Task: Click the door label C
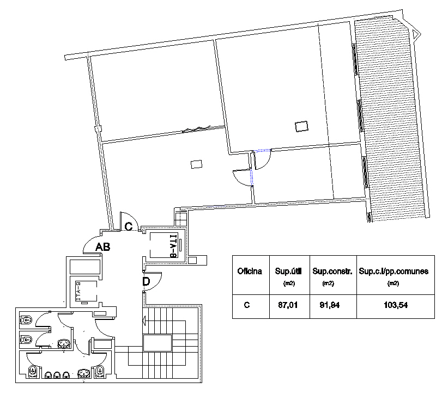click(x=129, y=226)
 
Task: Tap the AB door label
click(x=102, y=247)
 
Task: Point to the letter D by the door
click(x=146, y=281)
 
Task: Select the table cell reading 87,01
click(x=288, y=305)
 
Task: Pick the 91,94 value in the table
click(x=330, y=305)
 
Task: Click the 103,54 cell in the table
click(x=396, y=305)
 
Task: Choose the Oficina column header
click(x=250, y=271)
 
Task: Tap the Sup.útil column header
click(x=288, y=271)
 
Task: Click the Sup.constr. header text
click(x=332, y=271)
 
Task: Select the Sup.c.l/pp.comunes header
click(x=393, y=272)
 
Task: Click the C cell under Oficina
click(x=247, y=305)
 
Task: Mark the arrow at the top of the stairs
click(x=144, y=320)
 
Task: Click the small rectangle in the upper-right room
click(x=301, y=126)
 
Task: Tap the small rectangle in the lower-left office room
click(x=197, y=164)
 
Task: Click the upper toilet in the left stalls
click(x=26, y=320)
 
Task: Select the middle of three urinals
click(x=57, y=375)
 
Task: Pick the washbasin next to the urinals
click(x=84, y=373)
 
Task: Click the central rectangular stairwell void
click(x=158, y=343)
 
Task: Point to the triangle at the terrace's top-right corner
click(x=416, y=34)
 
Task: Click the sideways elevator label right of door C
click(x=174, y=246)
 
